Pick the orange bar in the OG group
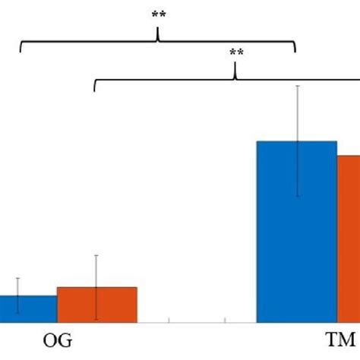click(96, 305)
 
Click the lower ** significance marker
click(236, 52)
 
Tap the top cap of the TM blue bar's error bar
click(297, 86)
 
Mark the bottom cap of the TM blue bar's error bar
click(297, 197)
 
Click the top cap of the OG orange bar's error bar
click(96, 255)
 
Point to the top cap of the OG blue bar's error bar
click(17, 278)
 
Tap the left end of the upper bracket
click(21, 52)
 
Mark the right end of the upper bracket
click(295, 52)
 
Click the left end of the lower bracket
click(94, 91)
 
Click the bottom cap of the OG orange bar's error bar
click(96, 319)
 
